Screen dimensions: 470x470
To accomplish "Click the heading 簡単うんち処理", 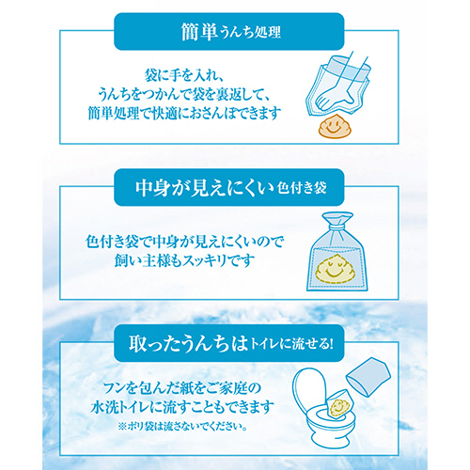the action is click(231, 32).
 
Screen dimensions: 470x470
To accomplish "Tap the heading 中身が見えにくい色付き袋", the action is click(231, 188).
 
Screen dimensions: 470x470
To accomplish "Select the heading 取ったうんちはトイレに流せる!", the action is click(230, 344).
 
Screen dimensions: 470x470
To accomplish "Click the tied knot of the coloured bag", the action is click(337, 223).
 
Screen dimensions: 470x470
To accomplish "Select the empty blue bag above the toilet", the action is click(368, 376).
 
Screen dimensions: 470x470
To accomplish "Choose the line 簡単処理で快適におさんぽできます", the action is click(184, 113).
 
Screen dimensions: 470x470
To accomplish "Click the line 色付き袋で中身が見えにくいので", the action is click(184, 242).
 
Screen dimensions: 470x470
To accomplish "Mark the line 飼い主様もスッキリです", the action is click(184, 260).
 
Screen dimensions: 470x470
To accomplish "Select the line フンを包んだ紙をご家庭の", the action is click(182, 389).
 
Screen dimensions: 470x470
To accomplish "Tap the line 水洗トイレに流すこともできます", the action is click(182, 408).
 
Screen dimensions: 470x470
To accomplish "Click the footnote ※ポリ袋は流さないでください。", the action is click(182, 427).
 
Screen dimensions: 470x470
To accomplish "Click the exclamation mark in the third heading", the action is click(329, 344).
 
